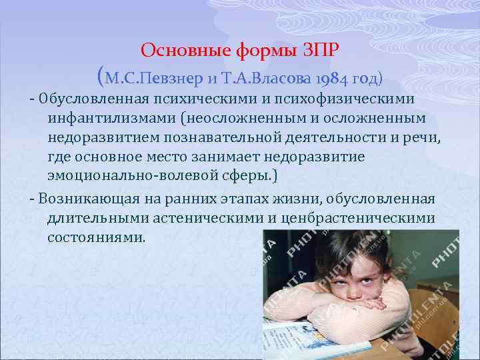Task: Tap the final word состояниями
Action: (x=95, y=238)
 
